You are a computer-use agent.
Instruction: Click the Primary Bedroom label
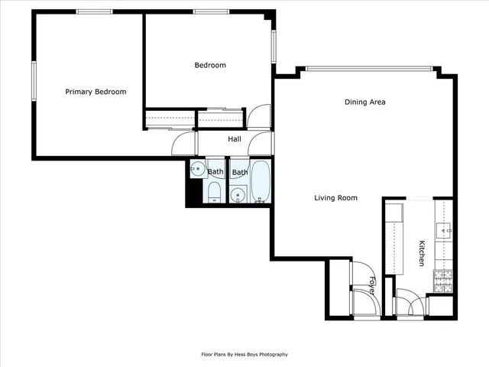coord(96,92)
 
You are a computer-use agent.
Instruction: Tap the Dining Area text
coord(364,102)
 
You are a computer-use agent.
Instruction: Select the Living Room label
coord(336,198)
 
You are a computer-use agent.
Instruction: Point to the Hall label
coord(235,139)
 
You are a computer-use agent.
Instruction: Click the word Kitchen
coord(421,253)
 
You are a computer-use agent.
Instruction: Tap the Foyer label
coord(372,285)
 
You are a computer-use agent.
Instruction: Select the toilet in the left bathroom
coord(215,192)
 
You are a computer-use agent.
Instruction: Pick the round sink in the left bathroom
coord(197,170)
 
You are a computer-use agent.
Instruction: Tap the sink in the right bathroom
coord(238,196)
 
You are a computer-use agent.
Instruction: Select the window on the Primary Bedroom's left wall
coord(33,81)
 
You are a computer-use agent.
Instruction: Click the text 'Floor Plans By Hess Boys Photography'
coord(244,354)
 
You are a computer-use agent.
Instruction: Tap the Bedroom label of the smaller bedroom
coord(210,65)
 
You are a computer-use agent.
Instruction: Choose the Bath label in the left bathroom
coord(215,172)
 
